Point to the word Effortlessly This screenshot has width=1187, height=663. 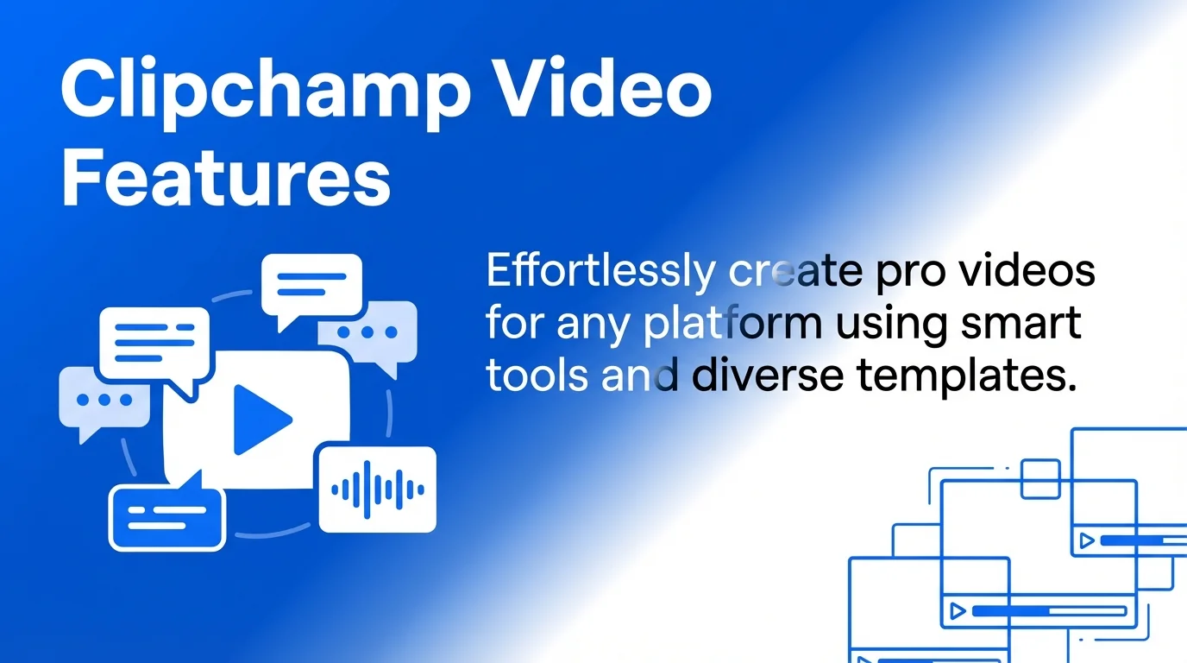tap(600, 273)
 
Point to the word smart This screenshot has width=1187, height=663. tap(1027, 325)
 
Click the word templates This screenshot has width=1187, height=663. tap(966, 378)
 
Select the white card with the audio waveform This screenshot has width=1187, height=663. tap(378, 489)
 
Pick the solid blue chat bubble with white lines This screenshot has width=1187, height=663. tap(166, 517)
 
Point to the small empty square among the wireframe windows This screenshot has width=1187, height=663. tap(1040, 478)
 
